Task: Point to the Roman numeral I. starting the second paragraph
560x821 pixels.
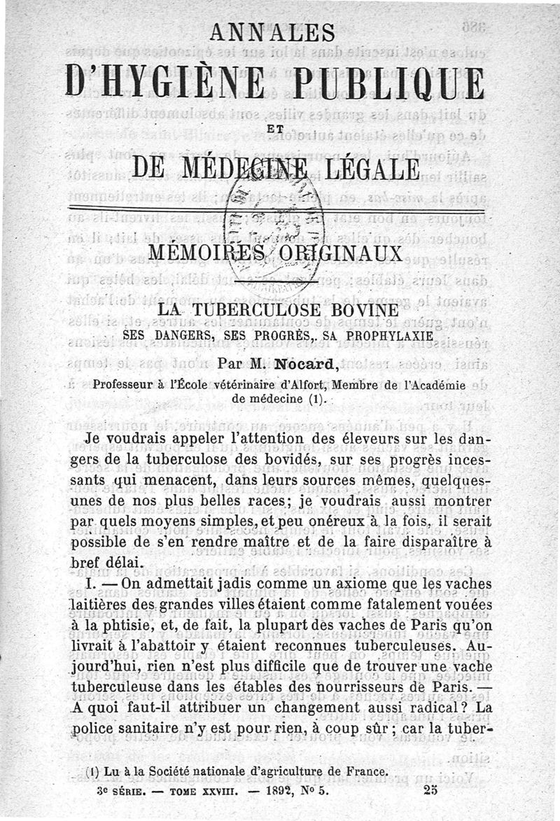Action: click(88, 584)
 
